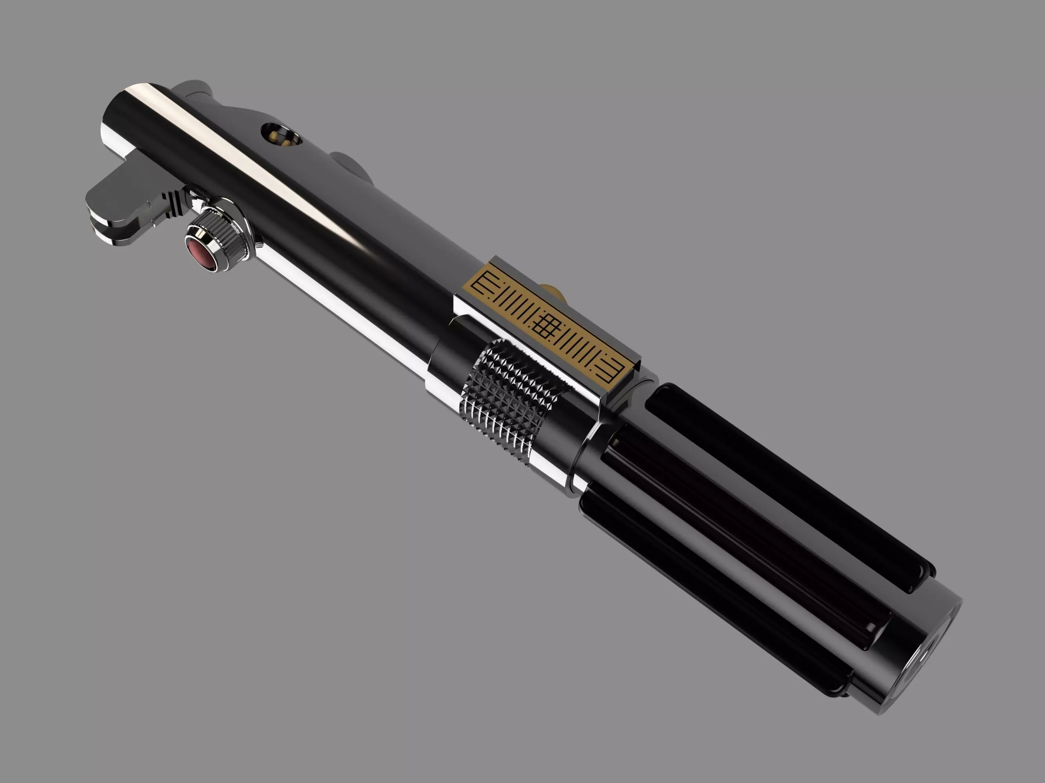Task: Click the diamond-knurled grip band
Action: tap(510, 402)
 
